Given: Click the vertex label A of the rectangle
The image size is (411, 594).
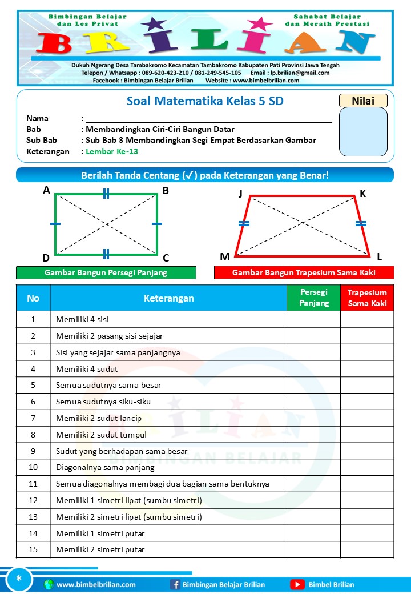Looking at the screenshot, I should [x=46, y=191].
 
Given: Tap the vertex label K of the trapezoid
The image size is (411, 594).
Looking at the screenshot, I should [x=363, y=194].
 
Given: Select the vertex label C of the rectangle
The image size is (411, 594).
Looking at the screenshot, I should [x=166, y=258].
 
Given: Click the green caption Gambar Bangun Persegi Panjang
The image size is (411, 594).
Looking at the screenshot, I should [x=106, y=272].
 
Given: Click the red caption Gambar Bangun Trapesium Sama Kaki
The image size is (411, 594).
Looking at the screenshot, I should [x=304, y=272].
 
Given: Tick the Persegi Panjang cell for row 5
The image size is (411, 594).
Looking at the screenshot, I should [x=313, y=385].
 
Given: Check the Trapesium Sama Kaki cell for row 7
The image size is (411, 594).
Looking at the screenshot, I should [x=367, y=418].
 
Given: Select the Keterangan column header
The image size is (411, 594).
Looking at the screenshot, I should [x=168, y=298].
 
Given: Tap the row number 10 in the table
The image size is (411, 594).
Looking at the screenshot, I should [x=33, y=467].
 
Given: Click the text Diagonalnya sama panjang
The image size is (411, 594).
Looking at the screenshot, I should [x=105, y=467].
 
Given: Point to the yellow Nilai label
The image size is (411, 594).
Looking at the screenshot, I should [x=363, y=101].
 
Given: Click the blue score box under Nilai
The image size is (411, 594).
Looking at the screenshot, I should [x=363, y=132].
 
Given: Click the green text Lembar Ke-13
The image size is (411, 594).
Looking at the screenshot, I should [x=112, y=151].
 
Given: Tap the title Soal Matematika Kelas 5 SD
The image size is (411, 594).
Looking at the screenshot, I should [x=205, y=102].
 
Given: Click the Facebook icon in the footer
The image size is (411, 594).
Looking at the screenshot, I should [x=175, y=584].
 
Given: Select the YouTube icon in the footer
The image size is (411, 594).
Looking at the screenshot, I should [x=297, y=584].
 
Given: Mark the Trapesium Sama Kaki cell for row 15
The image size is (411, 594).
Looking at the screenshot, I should [x=367, y=549].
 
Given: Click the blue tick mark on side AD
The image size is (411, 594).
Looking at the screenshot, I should [x=55, y=224].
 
